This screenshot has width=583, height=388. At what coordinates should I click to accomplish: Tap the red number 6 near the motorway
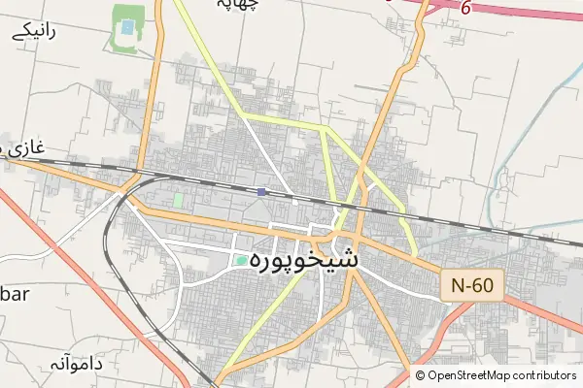tap(466, 9)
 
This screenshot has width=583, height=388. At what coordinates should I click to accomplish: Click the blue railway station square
tap(261, 192)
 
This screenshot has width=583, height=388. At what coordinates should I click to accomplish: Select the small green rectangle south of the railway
tap(178, 200)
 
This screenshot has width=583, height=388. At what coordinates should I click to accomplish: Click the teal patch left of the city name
tap(241, 260)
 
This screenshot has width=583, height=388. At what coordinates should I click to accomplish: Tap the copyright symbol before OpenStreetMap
tap(421, 375)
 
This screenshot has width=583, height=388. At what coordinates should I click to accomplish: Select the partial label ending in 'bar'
tap(16, 293)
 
